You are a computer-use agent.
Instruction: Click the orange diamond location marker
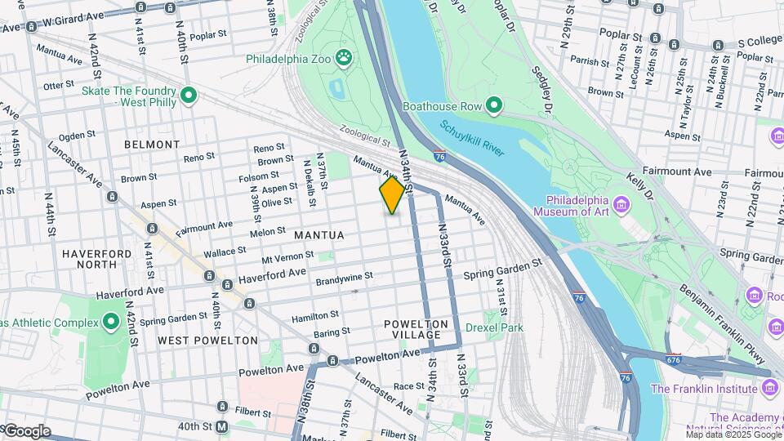point(392,195)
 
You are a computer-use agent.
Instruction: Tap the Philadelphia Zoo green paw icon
point(347,59)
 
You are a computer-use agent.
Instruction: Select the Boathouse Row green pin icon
point(493,105)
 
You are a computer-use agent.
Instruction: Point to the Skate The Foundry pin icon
point(189,96)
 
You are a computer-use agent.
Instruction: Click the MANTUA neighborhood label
point(318,235)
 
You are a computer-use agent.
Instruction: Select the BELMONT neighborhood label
point(151,145)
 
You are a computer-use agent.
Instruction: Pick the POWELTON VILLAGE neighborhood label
point(416,330)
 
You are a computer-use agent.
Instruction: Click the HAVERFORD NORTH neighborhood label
point(97,260)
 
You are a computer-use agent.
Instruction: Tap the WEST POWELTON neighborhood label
point(207,340)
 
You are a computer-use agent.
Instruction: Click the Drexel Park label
point(493,327)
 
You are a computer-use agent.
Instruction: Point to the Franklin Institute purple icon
point(770,389)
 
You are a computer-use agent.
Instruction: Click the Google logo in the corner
point(26,431)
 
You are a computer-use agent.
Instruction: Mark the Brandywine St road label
point(344,276)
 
